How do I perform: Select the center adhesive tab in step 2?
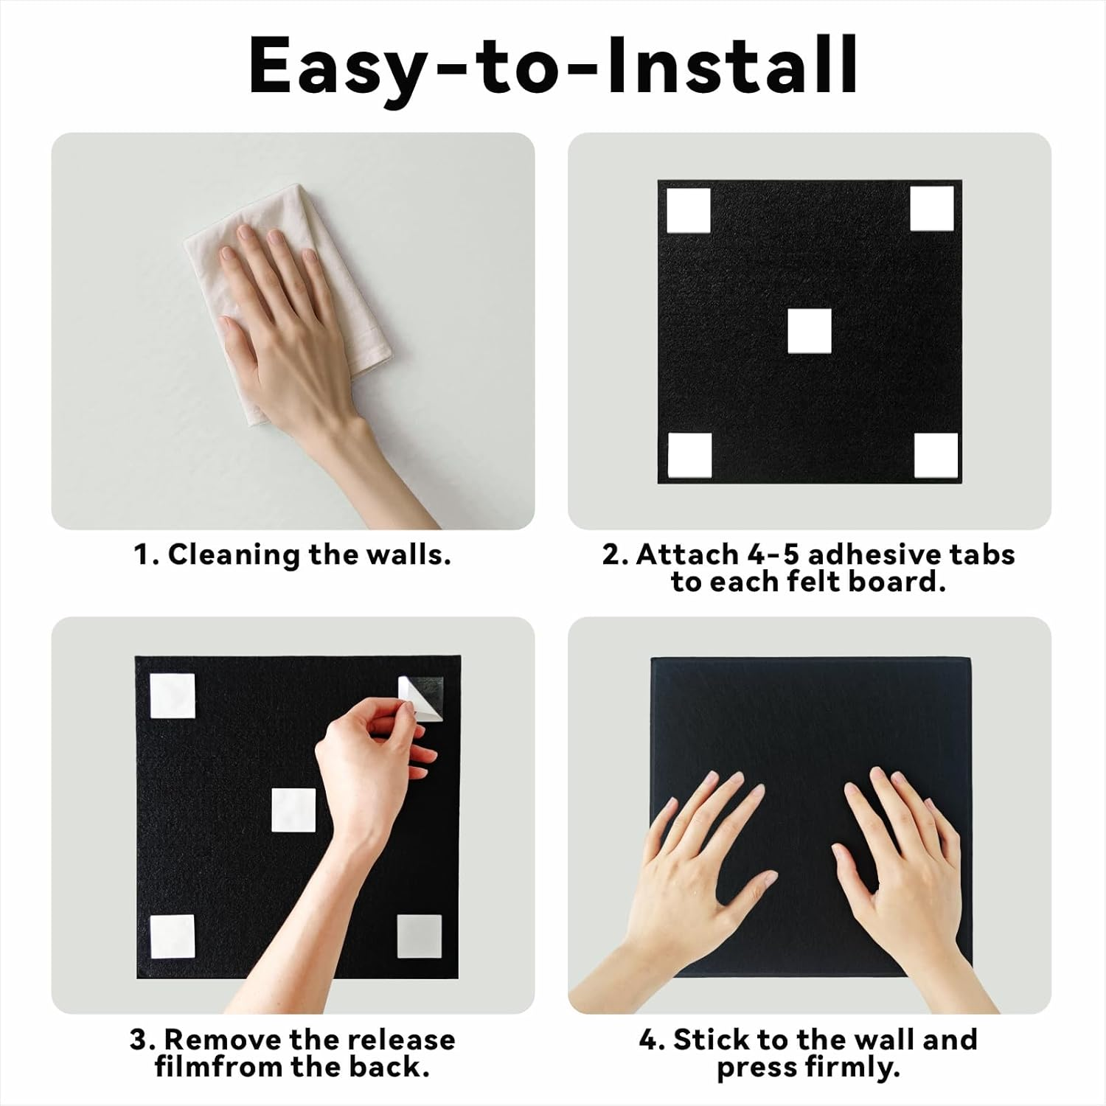click(809, 331)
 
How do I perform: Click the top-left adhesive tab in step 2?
click(689, 210)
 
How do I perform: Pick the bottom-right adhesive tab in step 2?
click(936, 455)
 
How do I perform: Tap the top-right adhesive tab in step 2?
click(931, 209)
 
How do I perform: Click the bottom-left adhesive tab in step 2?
click(690, 455)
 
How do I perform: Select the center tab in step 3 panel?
click(293, 810)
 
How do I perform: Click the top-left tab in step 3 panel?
click(173, 695)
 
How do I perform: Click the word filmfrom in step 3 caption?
click(220, 1067)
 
